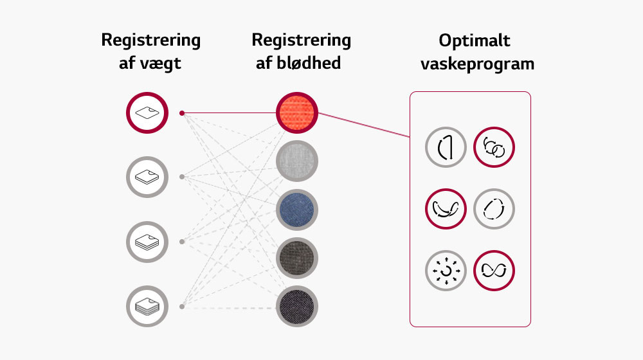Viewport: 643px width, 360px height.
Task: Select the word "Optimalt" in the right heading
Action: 475,40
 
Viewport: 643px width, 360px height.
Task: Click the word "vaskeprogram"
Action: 476,64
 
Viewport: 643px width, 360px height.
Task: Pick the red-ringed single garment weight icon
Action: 147,113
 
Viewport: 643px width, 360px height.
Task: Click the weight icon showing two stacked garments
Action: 147,176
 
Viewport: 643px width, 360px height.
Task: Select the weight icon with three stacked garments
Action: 147,242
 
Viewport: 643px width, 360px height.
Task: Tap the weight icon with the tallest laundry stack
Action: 147,307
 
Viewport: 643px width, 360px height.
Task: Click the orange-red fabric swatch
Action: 298,113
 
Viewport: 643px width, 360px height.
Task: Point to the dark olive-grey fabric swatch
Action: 298,258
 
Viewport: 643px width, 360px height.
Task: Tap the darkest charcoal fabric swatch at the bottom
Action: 298,306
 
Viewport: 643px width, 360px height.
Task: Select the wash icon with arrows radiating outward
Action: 446,270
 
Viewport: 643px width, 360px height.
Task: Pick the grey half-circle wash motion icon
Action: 446,148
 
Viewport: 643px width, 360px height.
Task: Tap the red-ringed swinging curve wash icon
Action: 446,209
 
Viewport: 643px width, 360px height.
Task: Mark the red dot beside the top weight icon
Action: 182,113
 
